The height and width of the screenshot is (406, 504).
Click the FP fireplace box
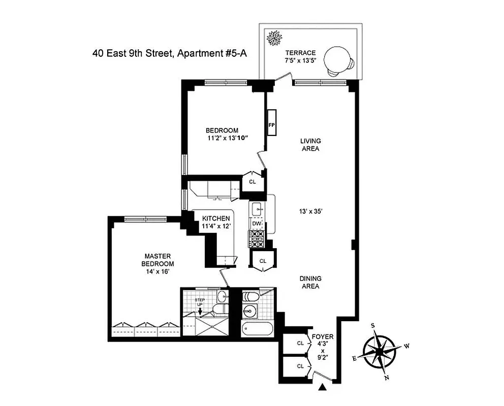pos(271,123)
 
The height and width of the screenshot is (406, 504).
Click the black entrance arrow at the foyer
pos(322,388)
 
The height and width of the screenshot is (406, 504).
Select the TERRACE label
pos(300,53)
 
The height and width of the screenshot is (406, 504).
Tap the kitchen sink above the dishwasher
pos(257,209)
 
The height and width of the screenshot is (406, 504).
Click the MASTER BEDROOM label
pos(158,260)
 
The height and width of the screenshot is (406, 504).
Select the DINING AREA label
pos(309,282)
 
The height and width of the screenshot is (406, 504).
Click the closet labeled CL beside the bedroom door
pos(253,181)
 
